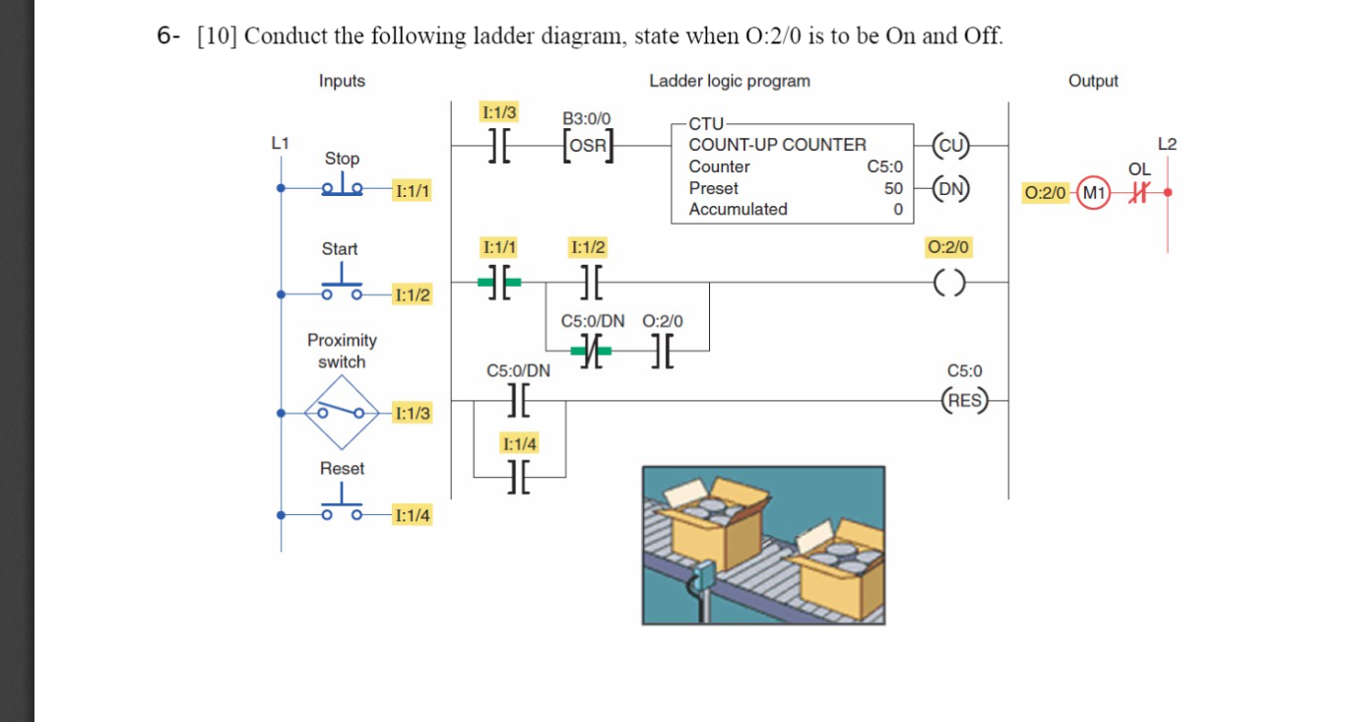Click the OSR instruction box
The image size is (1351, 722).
point(589,145)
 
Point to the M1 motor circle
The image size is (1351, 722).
point(1094,192)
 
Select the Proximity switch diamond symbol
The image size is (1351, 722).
point(341,411)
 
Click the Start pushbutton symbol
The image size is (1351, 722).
point(341,287)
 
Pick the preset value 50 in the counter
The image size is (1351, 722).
point(892,188)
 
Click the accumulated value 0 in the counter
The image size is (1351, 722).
point(897,209)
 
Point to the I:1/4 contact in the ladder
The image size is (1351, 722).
point(519,476)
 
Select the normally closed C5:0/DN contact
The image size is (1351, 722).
point(590,350)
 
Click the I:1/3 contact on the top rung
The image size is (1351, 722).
point(499,145)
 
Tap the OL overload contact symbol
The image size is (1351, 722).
point(1140,192)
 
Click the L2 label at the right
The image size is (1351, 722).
point(1167,144)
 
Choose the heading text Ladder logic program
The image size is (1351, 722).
point(729,81)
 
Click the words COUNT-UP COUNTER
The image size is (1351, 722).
point(777,145)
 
